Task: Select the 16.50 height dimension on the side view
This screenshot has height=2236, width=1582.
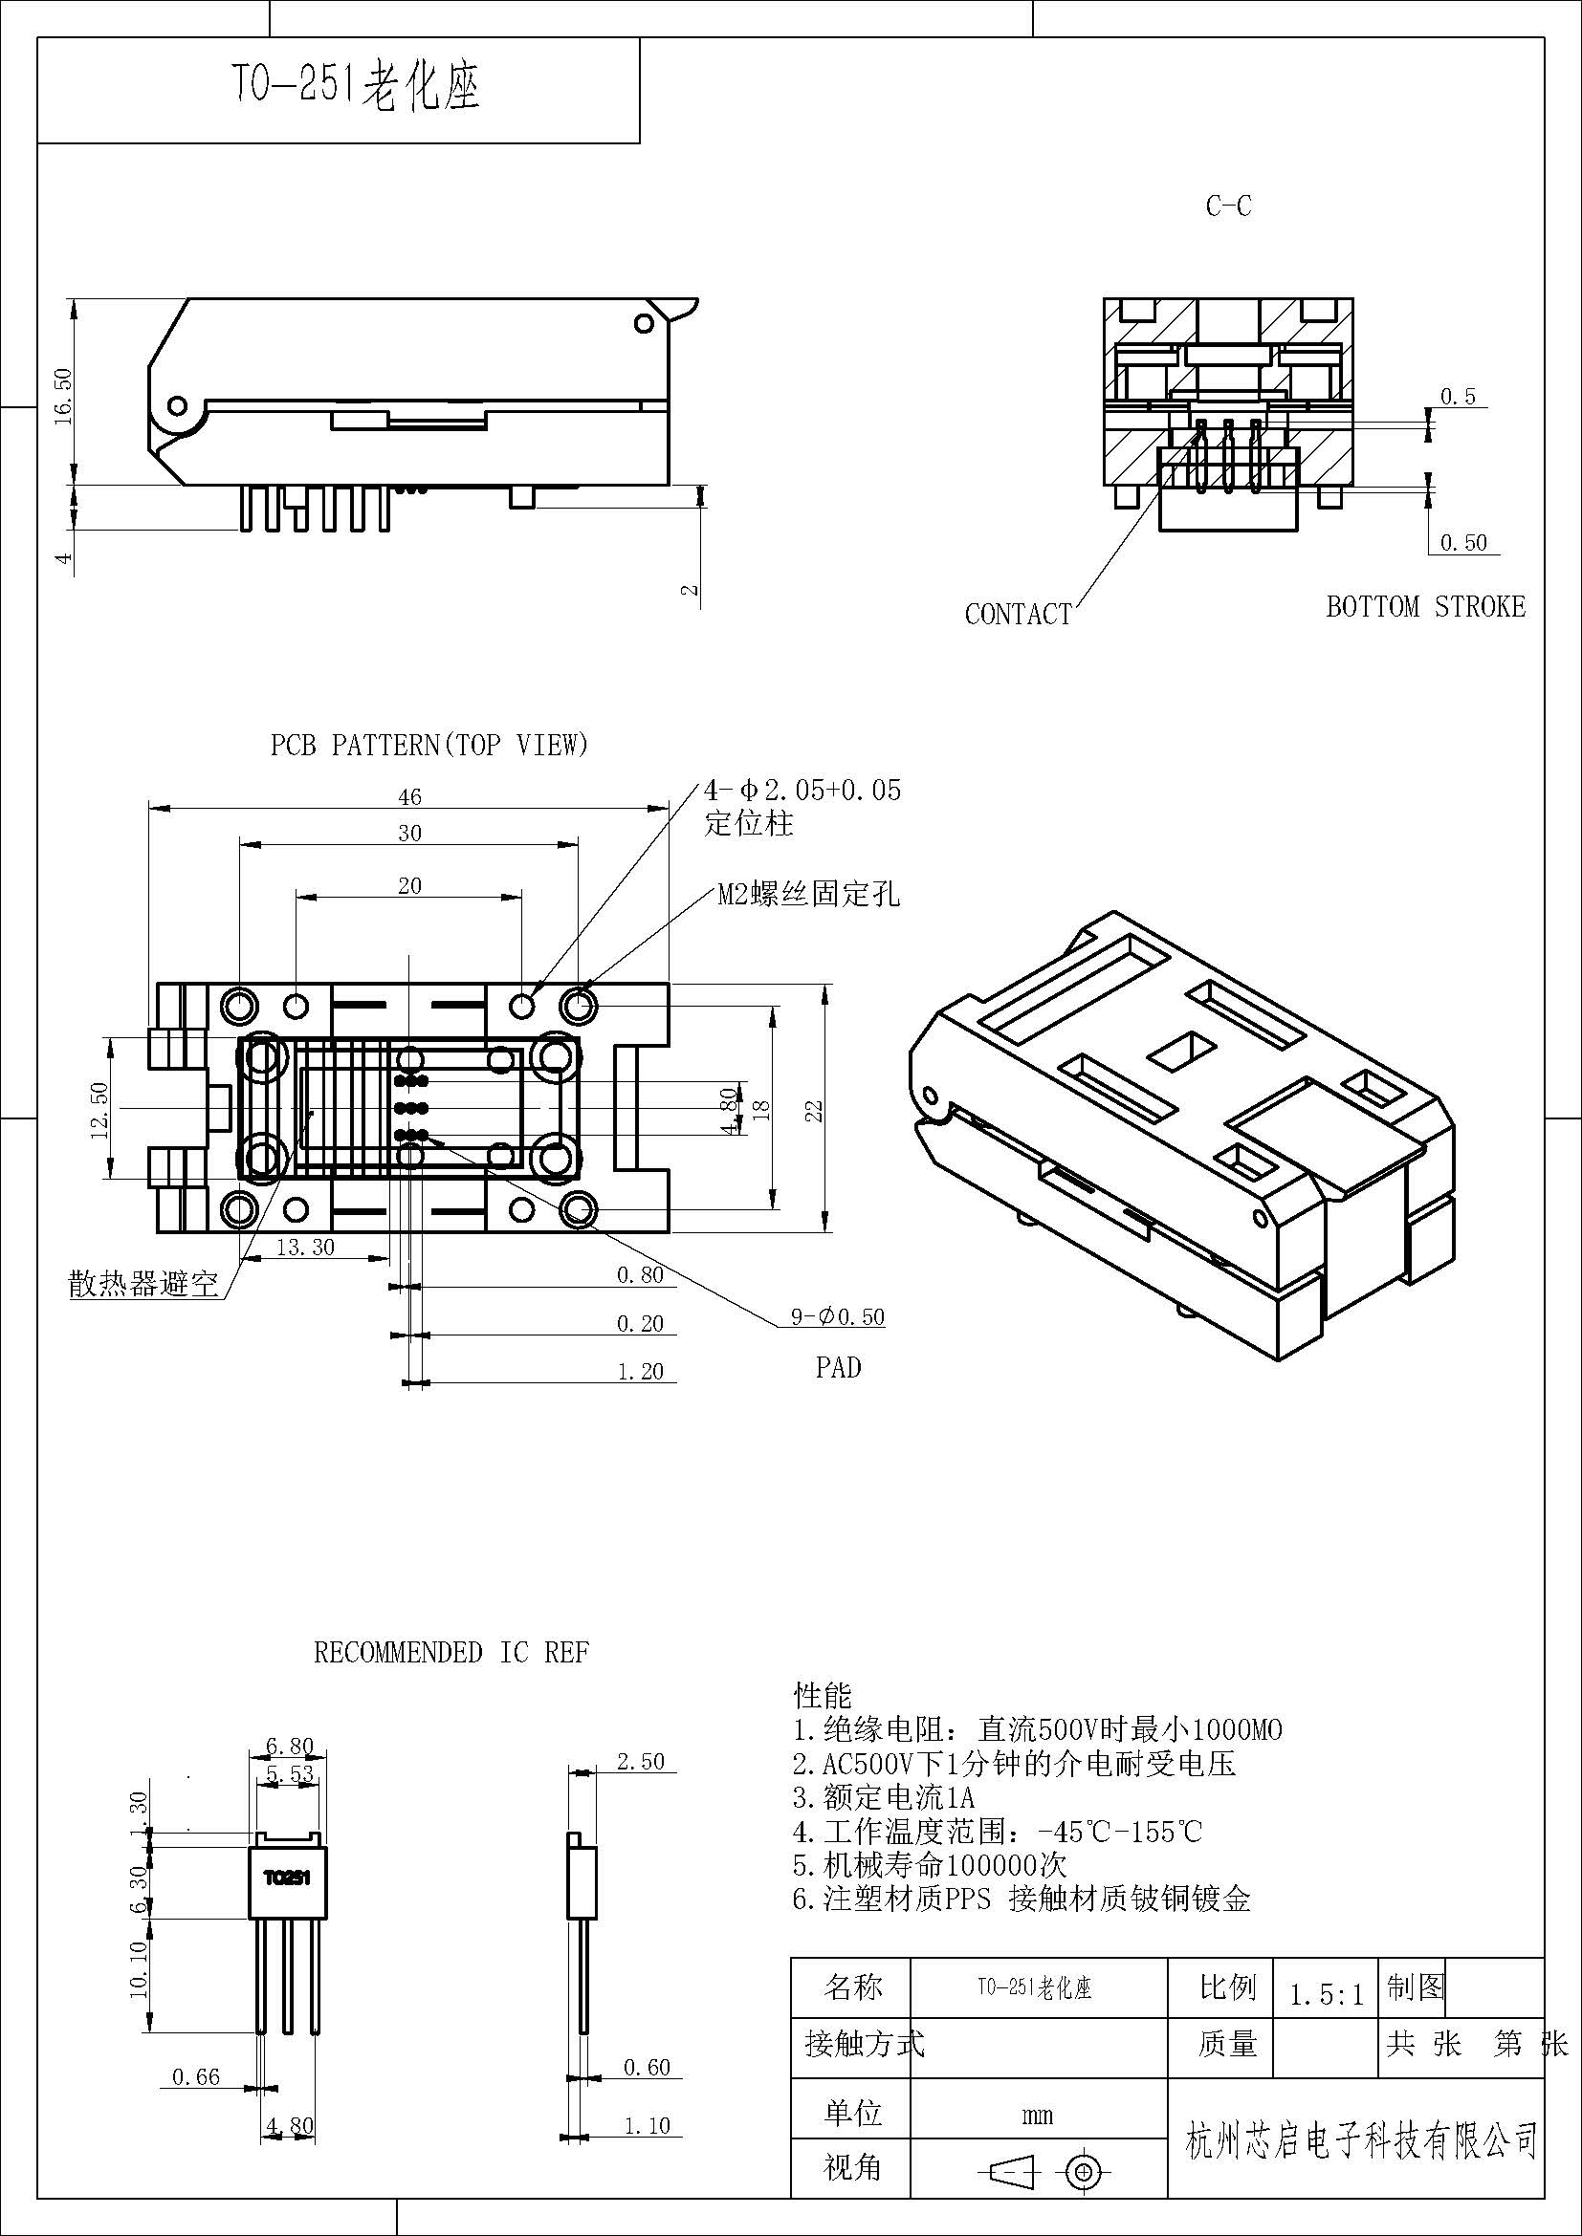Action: click(x=63, y=395)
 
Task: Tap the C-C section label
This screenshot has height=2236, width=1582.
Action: click(x=1228, y=206)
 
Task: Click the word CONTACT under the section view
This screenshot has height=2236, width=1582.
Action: click(x=1018, y=615)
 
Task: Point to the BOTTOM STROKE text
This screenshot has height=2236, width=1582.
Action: click(x=1425, y=607)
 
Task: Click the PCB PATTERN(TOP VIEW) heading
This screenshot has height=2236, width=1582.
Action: click(x=429, y=745)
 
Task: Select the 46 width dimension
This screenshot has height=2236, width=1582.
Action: click(x=410, y=796)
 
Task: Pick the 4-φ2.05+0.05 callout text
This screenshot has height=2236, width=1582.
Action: click(x=802, y=790)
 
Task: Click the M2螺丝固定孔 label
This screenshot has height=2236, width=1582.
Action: click(x=808, y=894)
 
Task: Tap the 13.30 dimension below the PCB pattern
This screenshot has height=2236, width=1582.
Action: click(x=305, y=1248)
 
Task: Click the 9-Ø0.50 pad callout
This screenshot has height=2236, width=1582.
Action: click(x=837, y=1317)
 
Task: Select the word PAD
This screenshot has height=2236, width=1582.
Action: click(x=838, y=1367)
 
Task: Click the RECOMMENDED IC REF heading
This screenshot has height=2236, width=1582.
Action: click(x=451, y=1653)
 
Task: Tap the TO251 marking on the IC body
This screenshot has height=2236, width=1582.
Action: click(x=286, y=1877)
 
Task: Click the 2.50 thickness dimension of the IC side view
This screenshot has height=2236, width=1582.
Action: click(x=640, y=1761)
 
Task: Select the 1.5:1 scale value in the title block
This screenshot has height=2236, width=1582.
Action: click(x=1326, y=1995)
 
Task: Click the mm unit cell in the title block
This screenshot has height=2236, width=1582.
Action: click(x=1038, y=2116)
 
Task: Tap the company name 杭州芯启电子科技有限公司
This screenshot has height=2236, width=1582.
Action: click(x=1362, y=2140)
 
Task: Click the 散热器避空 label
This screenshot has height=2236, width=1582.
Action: click(x=143, y=1284)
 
